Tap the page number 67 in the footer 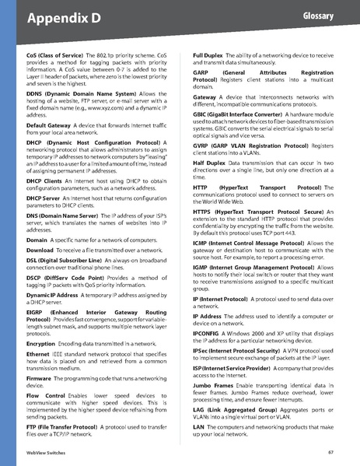click(x=331, y=452)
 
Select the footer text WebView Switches click(x=46, y=452)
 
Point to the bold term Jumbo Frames click(x=214, y=384)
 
